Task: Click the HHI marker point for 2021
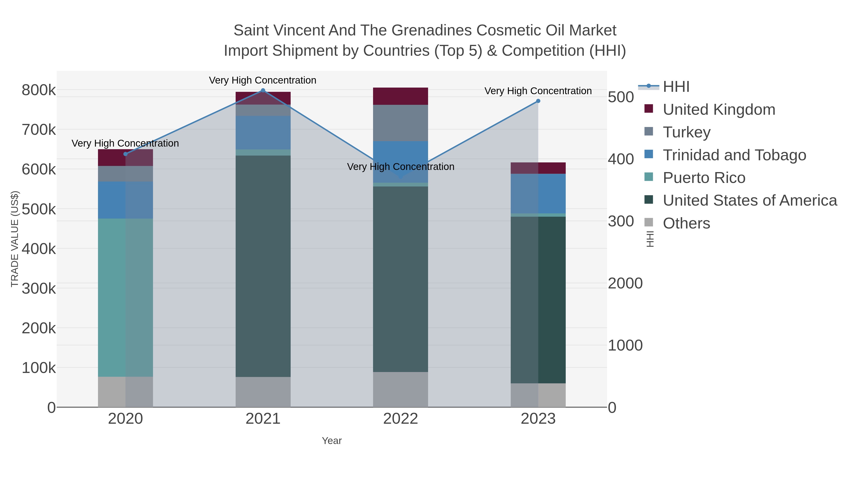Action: point(263,90)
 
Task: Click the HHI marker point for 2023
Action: point(538,101)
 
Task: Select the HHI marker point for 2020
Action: point(125,154)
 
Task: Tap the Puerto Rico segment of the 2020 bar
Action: point(125,297)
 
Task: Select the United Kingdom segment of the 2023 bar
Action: point(538,168)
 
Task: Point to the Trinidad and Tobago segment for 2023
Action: point(538,193)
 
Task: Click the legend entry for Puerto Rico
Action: point(704,178)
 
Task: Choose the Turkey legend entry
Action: point(686,132)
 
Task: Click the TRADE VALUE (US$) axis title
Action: point(15,239)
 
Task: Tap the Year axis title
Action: point(332,441)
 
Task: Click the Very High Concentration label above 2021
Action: point(263,80)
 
